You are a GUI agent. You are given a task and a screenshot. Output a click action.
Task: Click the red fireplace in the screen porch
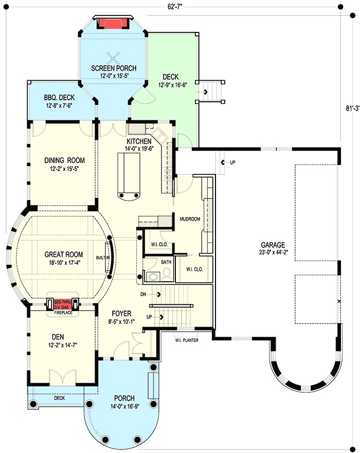pyautogui.click(x=113, y=24)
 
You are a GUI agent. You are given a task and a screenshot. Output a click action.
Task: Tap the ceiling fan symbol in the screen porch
pyautogui.click(x=113, y=58)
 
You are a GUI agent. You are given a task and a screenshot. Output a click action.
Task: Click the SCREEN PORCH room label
pyautogui.click(x=113, y=68)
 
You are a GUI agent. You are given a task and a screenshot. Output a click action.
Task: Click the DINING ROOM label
pyautogui.click(x=64, y=160)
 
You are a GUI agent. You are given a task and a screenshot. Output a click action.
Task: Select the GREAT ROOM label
pyautogui.click(x=63, y=254)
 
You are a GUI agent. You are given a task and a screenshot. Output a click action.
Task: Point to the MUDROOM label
pyautogui.click(x=189, y=219)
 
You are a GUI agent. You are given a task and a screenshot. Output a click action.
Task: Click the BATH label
pyautogui.click(x=166, y=262)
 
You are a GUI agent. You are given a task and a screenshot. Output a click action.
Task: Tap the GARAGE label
pyautogui.click(x=273, y=245)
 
